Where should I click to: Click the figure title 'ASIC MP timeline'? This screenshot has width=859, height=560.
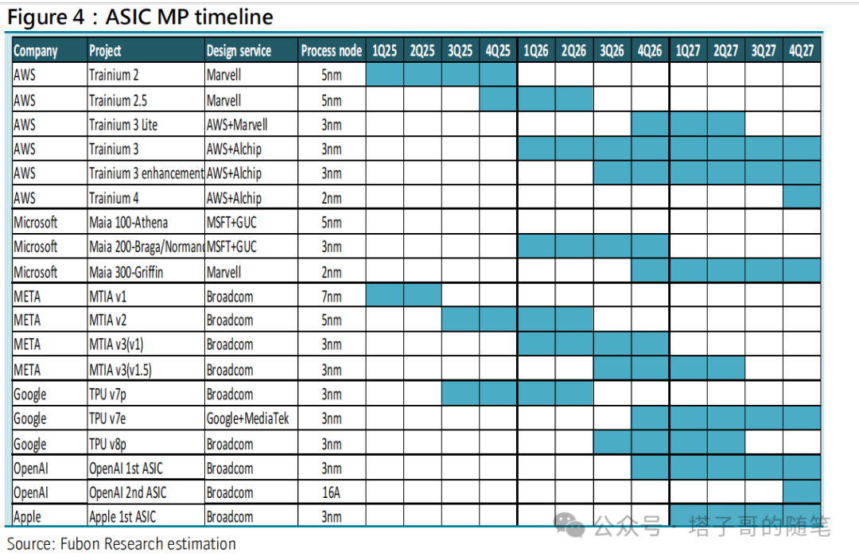coord(189,17)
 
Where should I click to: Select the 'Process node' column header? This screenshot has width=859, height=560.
coord(332,51)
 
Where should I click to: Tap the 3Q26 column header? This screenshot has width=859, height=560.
coord(612,51)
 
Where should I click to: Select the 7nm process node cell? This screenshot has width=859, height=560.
coord(332,297)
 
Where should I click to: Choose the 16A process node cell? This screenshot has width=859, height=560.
coord(332,492)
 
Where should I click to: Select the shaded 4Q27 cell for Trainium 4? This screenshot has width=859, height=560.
coord(802,196)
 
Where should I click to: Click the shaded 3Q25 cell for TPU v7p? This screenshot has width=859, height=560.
coord(461,394)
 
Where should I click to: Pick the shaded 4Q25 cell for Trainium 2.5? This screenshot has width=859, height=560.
coord(498,99)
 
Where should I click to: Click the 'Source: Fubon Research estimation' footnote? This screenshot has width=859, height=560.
coord(121,544)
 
